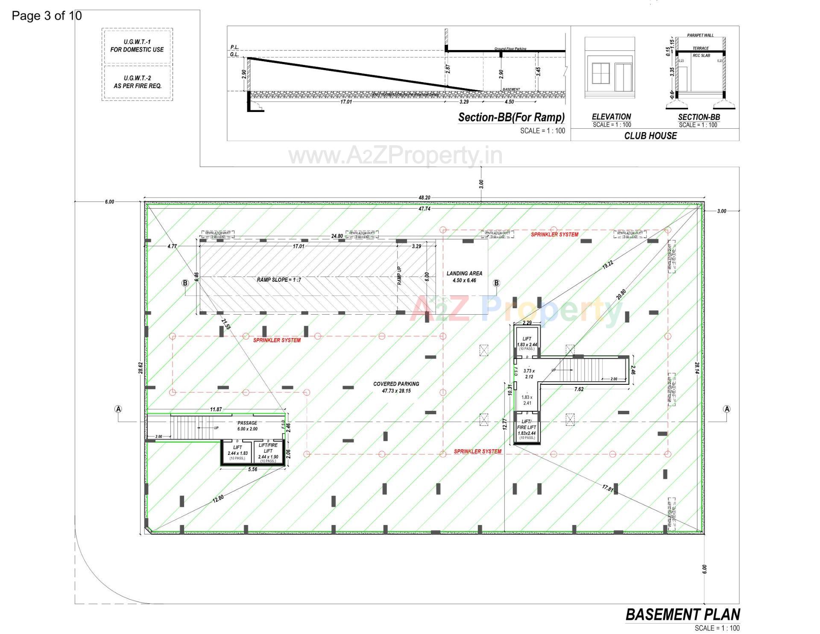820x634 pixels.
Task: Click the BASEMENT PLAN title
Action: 682,615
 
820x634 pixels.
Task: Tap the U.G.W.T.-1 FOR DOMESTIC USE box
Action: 137,46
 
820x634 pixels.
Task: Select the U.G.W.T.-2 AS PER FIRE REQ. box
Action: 137,82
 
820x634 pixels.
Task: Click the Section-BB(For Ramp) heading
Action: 511,117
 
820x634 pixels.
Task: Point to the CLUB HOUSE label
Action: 650,136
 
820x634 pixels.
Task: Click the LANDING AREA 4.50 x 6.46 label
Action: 464,277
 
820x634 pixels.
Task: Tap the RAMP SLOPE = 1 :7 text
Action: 279,280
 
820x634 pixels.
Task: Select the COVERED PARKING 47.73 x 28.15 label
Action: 396,387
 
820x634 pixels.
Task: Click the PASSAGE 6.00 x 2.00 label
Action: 247,426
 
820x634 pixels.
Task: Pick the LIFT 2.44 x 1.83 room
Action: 237,452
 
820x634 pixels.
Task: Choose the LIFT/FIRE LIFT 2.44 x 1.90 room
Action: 268,452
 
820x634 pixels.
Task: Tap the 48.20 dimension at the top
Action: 424,198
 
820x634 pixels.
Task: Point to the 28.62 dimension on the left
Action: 141,368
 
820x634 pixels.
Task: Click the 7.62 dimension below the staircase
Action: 579,389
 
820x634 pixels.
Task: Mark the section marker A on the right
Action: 726,409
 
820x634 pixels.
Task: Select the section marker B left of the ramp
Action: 185,283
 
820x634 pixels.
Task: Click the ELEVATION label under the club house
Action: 611,117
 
